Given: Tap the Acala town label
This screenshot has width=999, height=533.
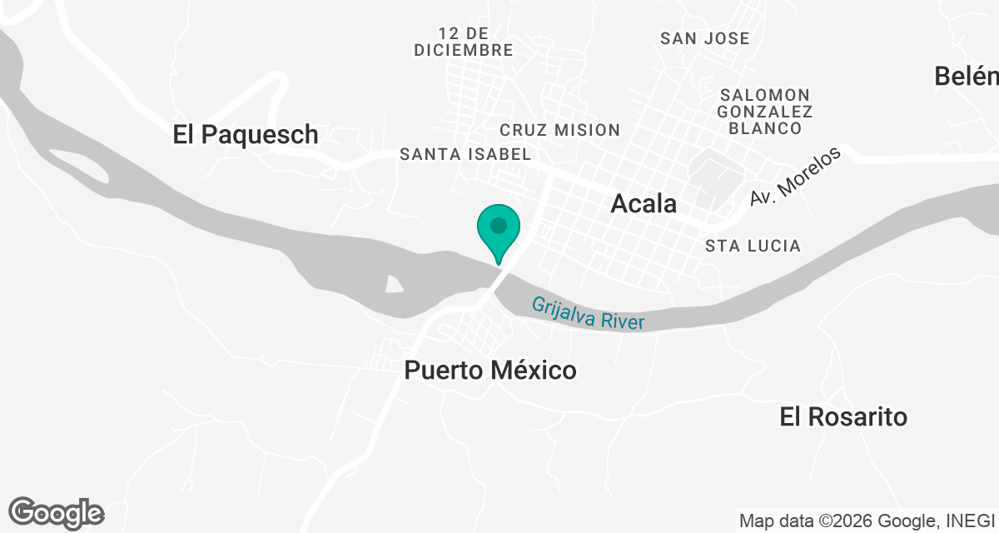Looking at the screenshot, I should tap(644, 203).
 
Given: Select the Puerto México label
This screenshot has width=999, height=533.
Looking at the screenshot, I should tap(490, 370).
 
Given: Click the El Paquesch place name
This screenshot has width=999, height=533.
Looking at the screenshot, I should tap(246, 134).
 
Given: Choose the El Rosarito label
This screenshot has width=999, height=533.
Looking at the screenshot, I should tap(843, 416).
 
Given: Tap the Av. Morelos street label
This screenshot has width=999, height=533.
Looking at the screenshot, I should tap(796, 177).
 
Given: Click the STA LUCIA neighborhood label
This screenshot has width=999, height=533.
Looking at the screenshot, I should tap(753, 246).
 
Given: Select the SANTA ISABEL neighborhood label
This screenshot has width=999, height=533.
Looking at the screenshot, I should tap(465, 154).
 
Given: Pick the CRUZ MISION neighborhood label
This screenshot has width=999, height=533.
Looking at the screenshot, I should tap(559, 130).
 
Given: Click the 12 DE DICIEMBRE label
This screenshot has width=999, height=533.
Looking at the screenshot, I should tap(463, 42).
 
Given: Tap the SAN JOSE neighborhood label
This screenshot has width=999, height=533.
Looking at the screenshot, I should tap(704, 38).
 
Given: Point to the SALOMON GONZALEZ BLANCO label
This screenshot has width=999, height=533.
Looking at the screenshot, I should tap(765, 111).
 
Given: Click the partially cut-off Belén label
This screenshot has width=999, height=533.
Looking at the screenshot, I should tap(967, 76).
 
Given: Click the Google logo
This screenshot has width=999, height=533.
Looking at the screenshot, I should tap(57, 512).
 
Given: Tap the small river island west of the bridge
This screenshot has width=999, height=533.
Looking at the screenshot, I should tap(394, 285).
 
